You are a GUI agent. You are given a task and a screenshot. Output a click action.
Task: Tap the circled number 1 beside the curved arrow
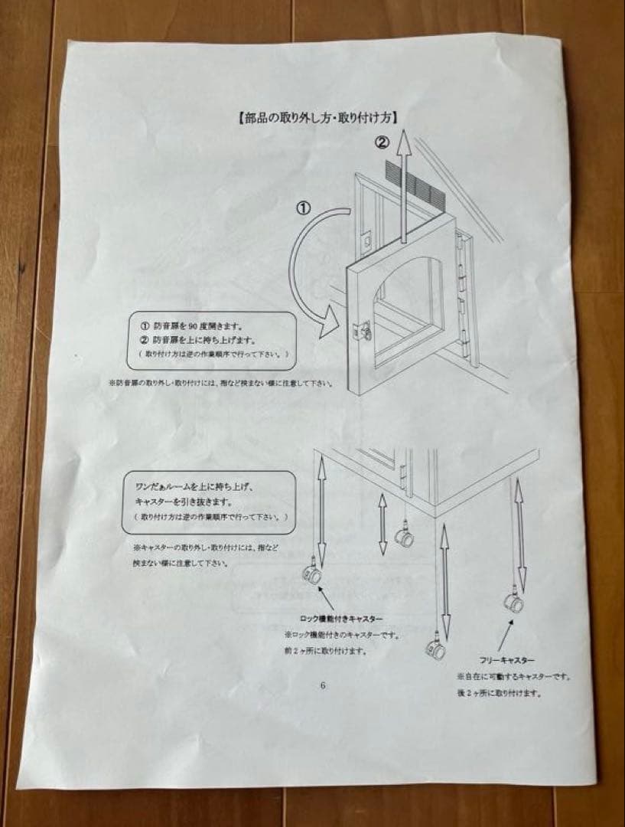[x=304, y=208]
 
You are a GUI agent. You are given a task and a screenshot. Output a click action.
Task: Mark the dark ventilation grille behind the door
[x=418, y=187]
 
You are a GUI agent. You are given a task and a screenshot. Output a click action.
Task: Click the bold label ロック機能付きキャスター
[x=340, y=617]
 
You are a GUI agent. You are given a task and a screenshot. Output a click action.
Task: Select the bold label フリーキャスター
[x=506, y=659]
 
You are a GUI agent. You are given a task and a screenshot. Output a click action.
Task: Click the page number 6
[x=323, y=685]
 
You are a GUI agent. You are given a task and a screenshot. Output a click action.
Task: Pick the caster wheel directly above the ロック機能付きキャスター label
[x=311, y=574]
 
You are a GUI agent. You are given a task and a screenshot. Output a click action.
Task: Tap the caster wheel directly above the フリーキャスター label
[x=513, y=602]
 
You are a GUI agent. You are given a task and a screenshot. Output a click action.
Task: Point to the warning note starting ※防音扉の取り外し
[x=221, y=382]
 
